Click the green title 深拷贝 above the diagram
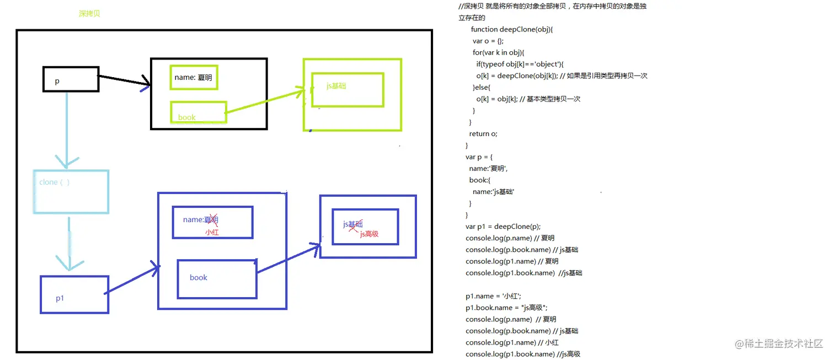89,14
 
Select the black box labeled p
71,79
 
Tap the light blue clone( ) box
71,191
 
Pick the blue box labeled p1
74,294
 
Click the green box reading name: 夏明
194,78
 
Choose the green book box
198,112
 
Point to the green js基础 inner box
347,89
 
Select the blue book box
217,278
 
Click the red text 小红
212,232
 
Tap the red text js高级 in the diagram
369,234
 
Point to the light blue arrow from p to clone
67,130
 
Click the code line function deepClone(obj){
511,29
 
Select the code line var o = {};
488,41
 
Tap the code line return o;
483,133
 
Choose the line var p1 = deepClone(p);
503,226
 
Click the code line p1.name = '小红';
493,296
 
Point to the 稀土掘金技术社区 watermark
778,343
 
